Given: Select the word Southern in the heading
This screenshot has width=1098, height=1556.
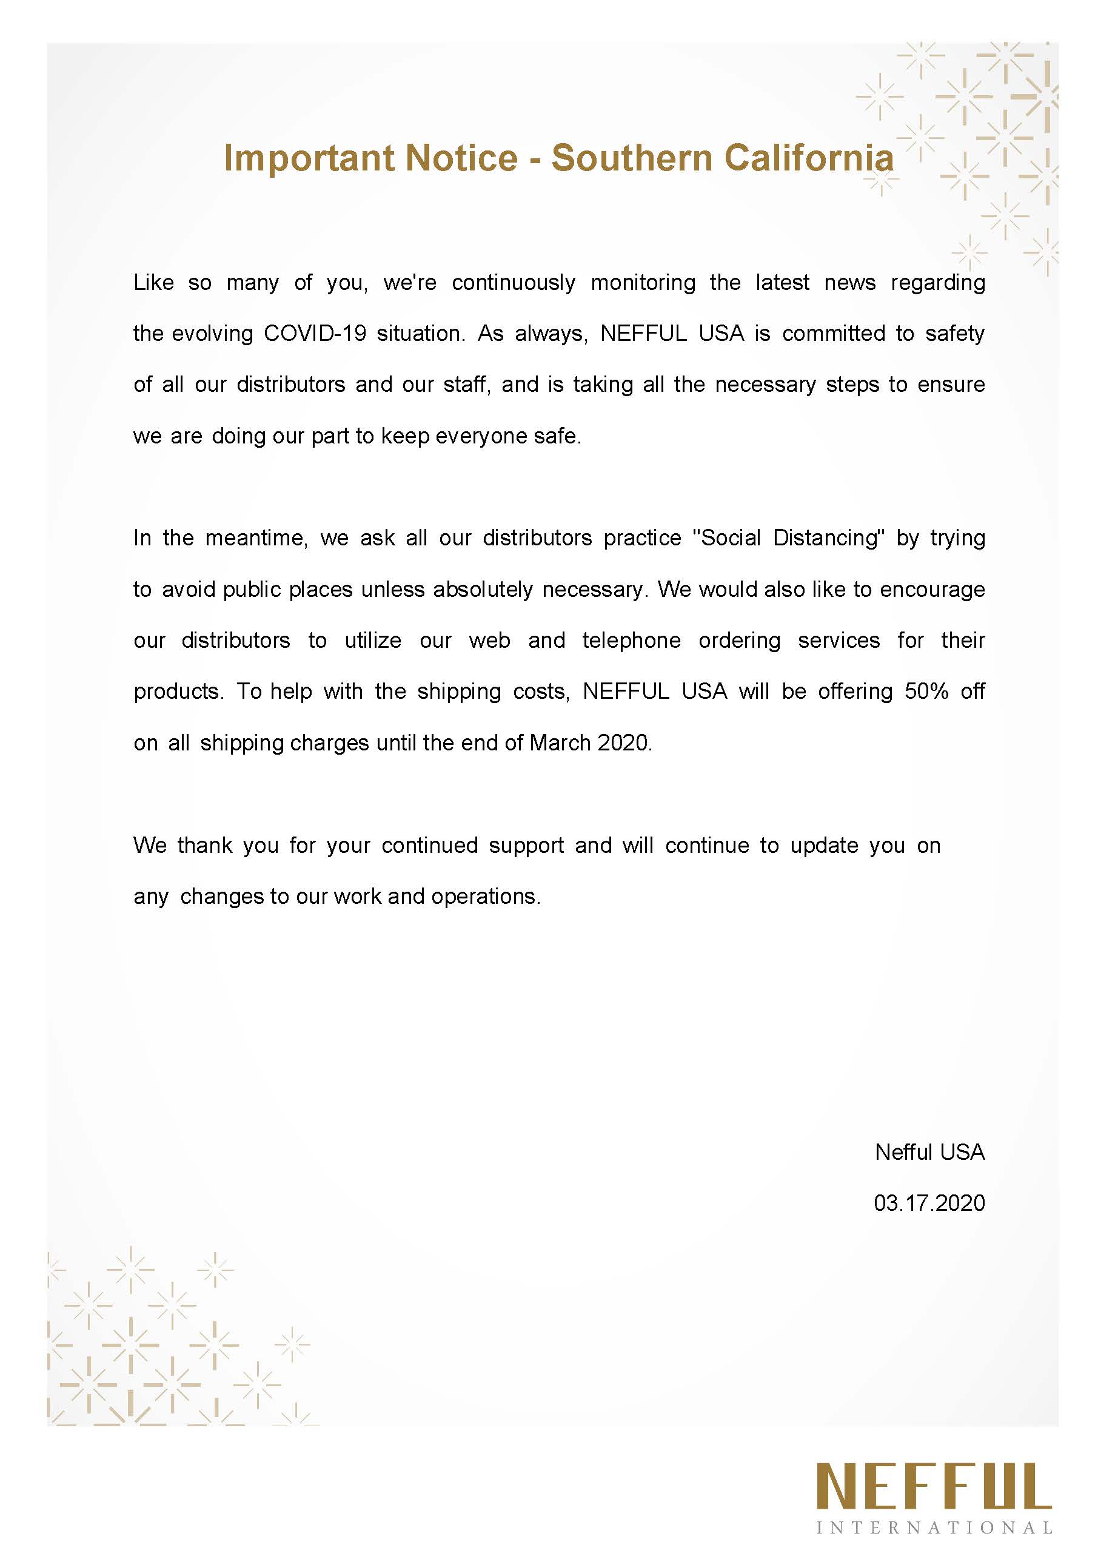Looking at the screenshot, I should click(631, 158).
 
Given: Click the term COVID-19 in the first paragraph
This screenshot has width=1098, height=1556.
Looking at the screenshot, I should click(315, 334).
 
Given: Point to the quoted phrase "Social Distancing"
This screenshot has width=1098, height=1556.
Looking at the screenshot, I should click(788, 538).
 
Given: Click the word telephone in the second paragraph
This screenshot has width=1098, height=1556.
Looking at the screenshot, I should click(631, 641).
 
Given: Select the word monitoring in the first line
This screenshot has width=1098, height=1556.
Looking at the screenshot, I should click(643, 283).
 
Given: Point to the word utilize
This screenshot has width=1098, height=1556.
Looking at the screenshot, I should click(372, 641).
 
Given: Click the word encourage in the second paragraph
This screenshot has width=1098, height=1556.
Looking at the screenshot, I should click(931, 590).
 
